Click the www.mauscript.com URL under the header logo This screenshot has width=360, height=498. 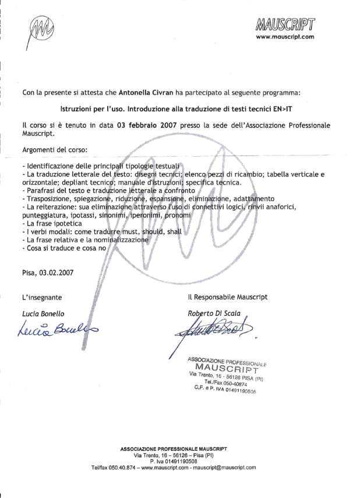point(285,37)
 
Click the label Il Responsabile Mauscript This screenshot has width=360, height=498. point(228,297)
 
